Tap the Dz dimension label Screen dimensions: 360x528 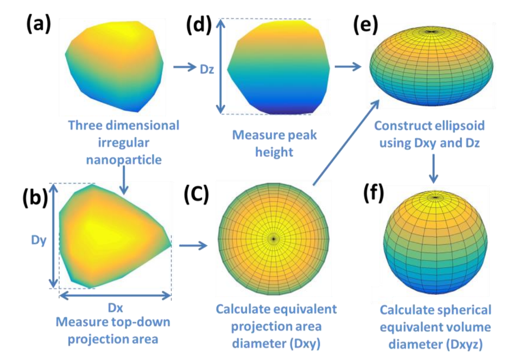click(x=207, y=69)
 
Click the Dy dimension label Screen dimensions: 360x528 click(x=39, y=240)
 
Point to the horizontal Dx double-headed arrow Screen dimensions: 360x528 click(x=115, y=295)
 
